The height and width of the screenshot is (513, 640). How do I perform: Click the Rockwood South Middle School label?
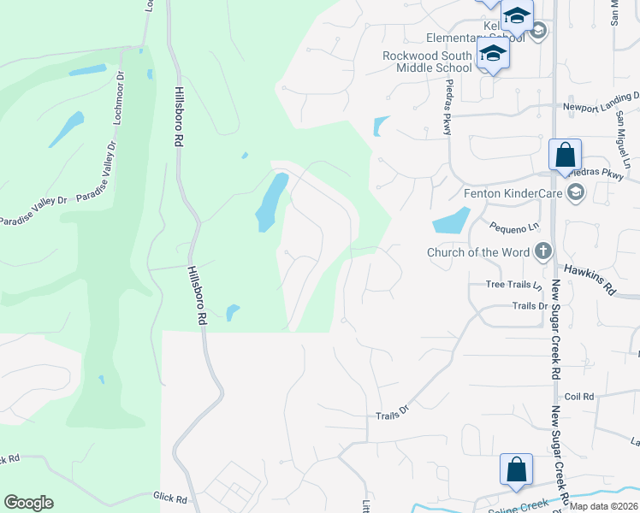[426, 62]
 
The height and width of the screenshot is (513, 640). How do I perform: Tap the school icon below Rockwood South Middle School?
[493, 54]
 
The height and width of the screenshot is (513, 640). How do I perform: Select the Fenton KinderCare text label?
[513, 192]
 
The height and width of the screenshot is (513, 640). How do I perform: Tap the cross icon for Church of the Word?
[542, 251]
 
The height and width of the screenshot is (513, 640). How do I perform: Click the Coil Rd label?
[579, 396]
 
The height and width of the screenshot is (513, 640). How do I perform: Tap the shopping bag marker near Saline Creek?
[517, 469]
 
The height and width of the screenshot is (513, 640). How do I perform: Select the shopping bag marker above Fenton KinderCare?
[565, 156]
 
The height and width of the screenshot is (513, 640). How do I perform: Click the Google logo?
[28, 503]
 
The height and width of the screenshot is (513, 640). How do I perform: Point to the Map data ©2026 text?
[602, 505]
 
